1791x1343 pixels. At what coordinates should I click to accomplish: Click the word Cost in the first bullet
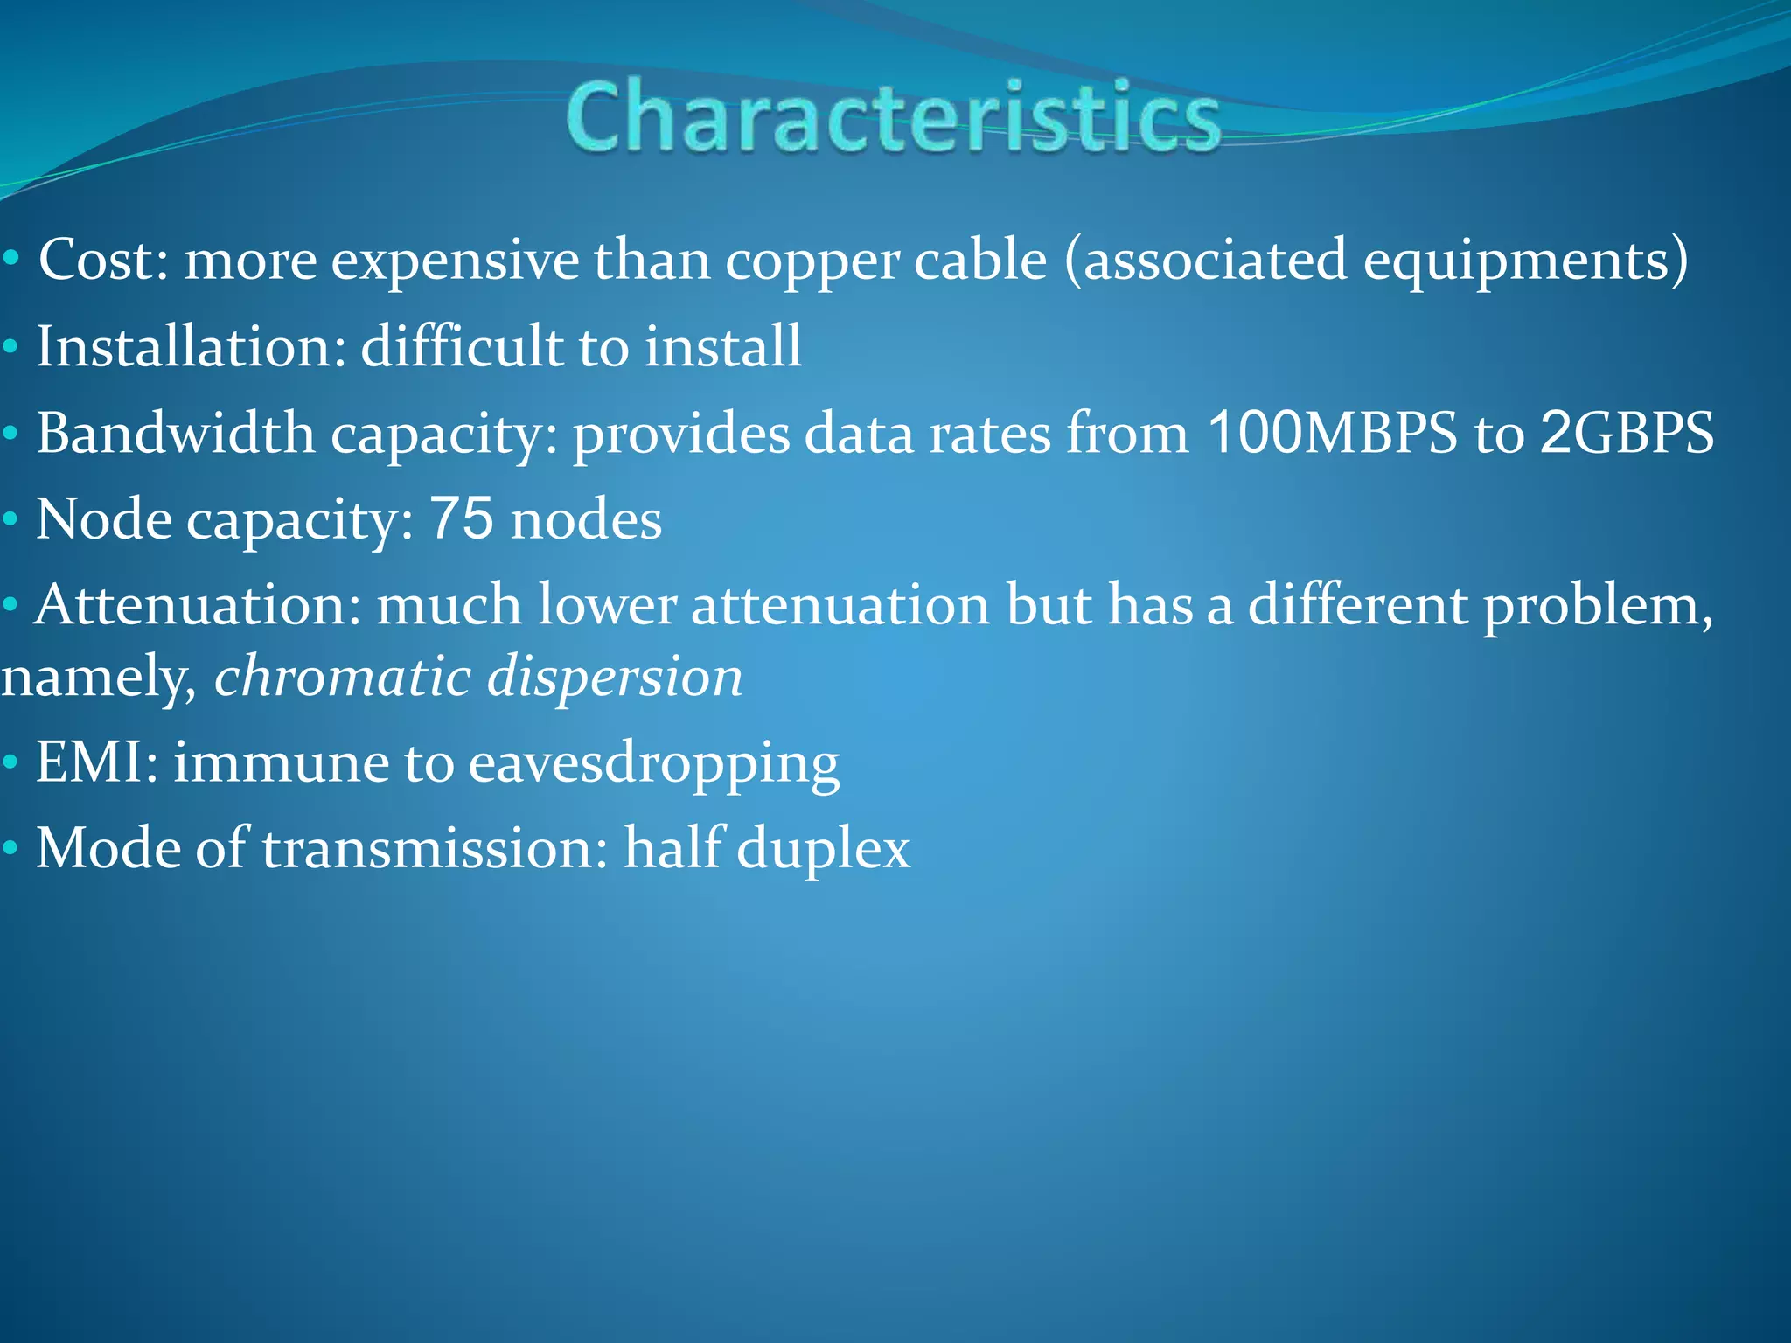tap(97, 261)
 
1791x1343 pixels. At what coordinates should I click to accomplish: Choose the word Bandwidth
tap(175, 433)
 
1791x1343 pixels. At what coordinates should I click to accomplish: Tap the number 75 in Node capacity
tap(462, 518)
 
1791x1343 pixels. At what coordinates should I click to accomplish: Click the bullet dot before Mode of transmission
tap(10, 849)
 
